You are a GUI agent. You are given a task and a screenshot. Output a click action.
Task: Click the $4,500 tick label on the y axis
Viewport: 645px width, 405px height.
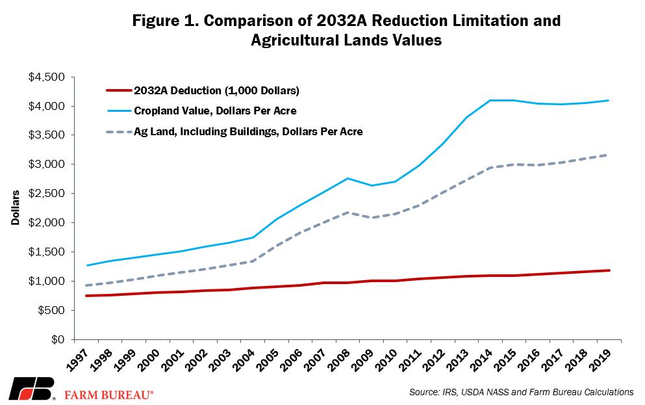[47, 77]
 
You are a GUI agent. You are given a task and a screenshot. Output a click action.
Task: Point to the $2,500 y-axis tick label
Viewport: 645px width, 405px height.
[47, 194]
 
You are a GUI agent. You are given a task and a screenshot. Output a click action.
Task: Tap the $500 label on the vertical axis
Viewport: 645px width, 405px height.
[51, 310]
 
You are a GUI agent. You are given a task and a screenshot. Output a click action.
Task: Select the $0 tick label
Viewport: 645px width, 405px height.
[58, 339]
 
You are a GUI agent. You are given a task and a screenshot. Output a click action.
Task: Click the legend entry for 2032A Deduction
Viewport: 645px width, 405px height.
[216, 90]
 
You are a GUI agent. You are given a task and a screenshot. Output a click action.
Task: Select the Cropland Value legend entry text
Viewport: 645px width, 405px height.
[215, 111]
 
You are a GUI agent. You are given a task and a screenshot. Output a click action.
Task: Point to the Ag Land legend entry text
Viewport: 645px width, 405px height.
[248, 132]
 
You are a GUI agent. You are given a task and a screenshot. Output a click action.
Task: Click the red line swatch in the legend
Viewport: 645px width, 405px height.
[118, 90]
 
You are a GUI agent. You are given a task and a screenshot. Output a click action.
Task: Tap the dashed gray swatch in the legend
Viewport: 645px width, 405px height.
[118, 132]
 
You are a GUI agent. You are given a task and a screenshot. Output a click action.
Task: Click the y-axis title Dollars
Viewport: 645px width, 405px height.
[15, 207]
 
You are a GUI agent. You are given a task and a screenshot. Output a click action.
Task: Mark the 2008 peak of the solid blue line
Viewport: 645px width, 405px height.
[348, 178]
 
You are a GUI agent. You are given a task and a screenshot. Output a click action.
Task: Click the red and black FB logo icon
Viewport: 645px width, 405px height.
[32, 388]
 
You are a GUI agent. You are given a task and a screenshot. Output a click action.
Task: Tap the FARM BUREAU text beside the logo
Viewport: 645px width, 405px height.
[108, 395]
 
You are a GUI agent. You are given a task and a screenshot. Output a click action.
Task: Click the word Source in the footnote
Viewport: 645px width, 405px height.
[423, 392]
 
